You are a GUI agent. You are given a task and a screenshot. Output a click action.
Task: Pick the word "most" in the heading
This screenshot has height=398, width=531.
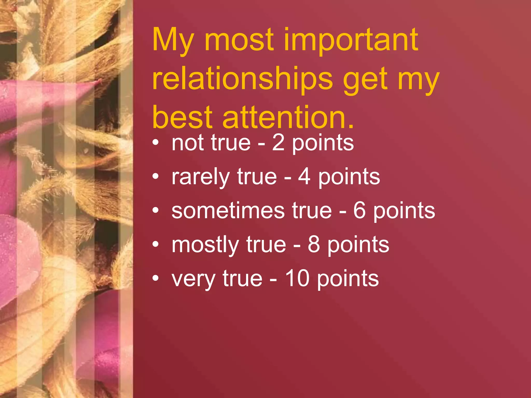coord(239,40)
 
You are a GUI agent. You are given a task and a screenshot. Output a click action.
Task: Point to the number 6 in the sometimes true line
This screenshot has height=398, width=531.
coord(359,211)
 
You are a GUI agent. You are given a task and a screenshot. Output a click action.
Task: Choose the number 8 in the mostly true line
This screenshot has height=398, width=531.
coord(314,245)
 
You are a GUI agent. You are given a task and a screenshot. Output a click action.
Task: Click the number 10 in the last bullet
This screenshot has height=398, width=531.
coord(297,279)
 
